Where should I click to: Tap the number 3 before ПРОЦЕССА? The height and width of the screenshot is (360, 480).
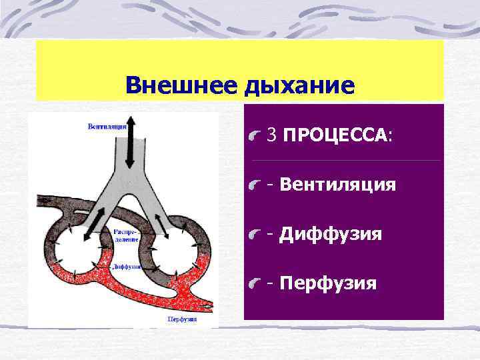pos(271,135)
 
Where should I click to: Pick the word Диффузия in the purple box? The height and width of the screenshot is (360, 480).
pos(331,234)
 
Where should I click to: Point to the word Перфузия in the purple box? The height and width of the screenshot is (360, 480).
pos(328,283)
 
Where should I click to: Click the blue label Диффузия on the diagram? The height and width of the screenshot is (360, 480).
pos(126,266)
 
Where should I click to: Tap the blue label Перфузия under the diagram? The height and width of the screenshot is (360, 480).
pos(181,319)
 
